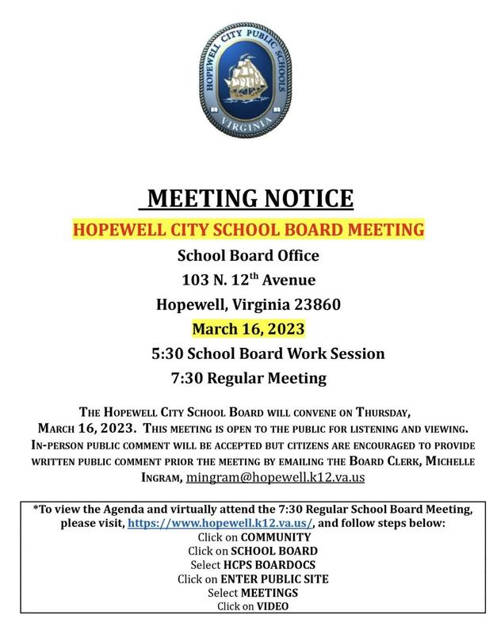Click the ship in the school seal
[x=248, y=78]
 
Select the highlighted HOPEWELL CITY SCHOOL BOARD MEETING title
[x=248, y=230]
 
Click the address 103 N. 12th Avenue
[x=248, y=280]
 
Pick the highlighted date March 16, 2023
[x=248, y=328]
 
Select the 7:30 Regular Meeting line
[x=248, y=378]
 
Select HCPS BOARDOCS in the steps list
[x=265, y=565]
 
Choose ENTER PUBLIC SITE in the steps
[x=275, y=579]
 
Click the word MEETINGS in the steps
[x=270, y=593]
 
